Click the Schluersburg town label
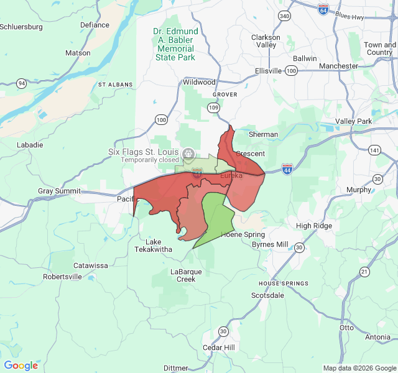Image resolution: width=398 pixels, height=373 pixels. pyautogui.click(x=21, y=27)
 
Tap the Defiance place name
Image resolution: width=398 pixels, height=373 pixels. pyautogui.click(x=95, y=25)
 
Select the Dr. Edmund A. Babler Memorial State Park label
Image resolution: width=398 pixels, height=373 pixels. pyautogui.click(x=176, y=44)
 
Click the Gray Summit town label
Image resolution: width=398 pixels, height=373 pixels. pyautogui.click(x=59, y=191)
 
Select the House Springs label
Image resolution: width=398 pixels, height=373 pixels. pyautogui.click(x=283, y=283)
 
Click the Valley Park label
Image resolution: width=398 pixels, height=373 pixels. pyautogui.click(x=353, y=121)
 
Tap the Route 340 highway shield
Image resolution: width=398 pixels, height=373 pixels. pyautogui.click(x=285, y=16)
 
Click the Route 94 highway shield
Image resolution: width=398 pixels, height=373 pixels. pyautogui.click(x=22, y=83)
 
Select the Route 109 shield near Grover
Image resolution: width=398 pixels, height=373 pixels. pyautogui.click(x=214, y=108)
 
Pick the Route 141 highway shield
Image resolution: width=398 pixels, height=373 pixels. pyautogui.click(x=374, y=150)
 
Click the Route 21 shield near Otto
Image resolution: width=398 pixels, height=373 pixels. pyautogui.click(x=364, y=271)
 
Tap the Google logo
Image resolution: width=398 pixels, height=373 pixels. pyautogui.click(x=21, y=366)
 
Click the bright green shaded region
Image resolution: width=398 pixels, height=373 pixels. pyautogui.click(x=215, y=218)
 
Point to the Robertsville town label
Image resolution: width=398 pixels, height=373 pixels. pyautogui.click(x=62, y=277)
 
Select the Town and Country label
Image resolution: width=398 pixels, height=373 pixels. pyautogui.click(x=379, y=48)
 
